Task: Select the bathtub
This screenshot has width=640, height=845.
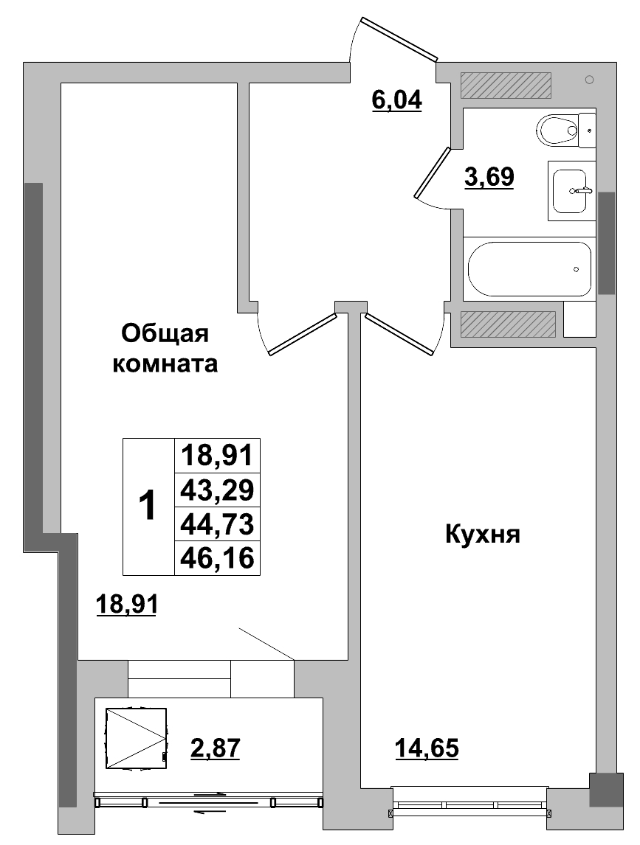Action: pyautogui.click(x=529, y=269)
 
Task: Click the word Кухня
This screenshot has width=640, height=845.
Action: pyautogui.click(x=483, y=534)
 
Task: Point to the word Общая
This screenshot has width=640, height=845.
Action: pyautogui.click(x=165, y=333)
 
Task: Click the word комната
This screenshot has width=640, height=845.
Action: pyautogui.click(x=165, y=364)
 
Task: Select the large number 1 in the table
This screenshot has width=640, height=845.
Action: pyautogui.click(x=148, y=507)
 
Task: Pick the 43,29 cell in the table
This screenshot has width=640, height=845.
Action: pyautogui.click(x=218, y=489)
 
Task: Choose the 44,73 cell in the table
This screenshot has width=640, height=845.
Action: pyautogui.click(x=218, y=524)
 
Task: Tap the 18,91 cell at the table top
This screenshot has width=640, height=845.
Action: pyautogui.click(x=218, y=455)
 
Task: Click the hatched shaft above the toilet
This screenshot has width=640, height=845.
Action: pyautogui.click(x=506, y=86)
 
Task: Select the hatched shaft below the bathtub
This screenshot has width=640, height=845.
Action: pyautogui.click(x=507, y=324)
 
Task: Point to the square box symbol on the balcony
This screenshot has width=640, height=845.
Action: pyautogui.click(x=136, y=738)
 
